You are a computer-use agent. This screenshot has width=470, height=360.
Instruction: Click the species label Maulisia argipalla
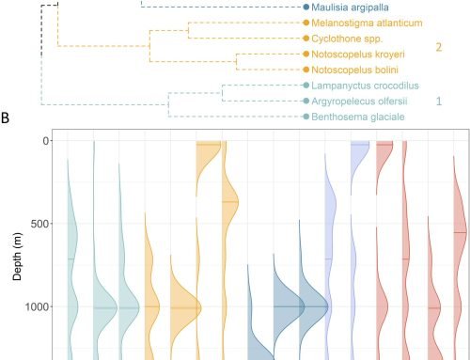352,7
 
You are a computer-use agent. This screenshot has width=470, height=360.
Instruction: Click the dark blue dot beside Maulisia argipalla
306,7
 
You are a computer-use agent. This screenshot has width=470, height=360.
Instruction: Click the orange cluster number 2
437,47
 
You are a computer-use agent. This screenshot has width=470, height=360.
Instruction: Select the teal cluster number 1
437,101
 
